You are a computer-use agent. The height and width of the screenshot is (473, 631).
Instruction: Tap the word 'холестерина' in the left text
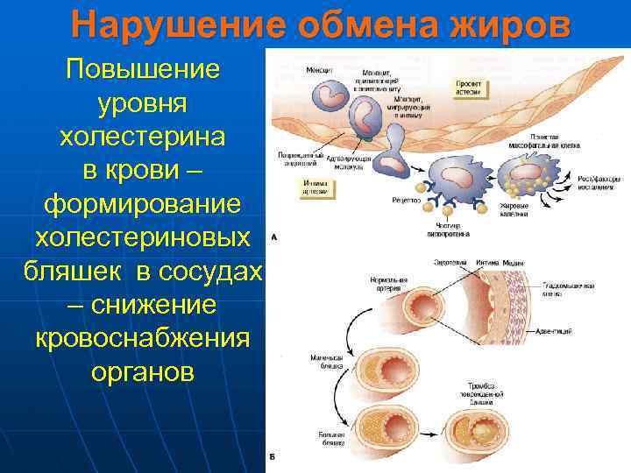(141, 137)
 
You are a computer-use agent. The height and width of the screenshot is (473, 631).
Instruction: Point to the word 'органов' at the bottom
(141, 371)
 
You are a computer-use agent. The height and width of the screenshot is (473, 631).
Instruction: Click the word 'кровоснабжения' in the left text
(141, 337)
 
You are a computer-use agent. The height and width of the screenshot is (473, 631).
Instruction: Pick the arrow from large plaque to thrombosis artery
(420, 438)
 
